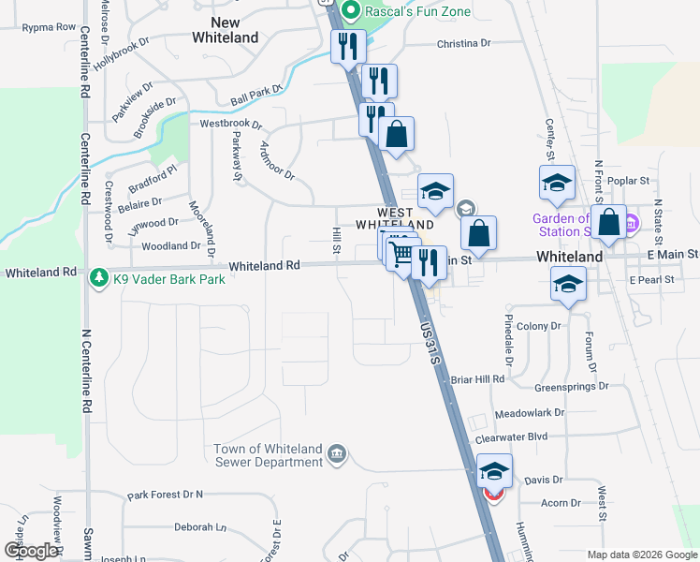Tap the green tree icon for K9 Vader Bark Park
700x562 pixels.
click(x=98, y=278)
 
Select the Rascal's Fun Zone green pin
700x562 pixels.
click(x=351, y=11)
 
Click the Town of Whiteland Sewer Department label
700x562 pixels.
click(x=268, y=456)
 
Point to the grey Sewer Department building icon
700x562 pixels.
click(x=338, y=456)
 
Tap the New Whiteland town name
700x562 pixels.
click(x=225, y=30)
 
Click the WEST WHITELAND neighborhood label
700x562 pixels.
click(x=393, y=219)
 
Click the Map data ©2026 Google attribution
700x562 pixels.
click(x=641, y=555)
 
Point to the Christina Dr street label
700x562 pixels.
click(x=463, y=44)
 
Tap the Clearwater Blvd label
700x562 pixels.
click(x=510, y=437)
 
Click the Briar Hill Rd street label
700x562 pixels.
click(x=477, y=379)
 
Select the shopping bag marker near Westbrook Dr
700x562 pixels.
click(x=397, y=135)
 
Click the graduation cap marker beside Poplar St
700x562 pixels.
click(x=557, y=183)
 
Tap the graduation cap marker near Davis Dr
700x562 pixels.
click(x=494, y=471)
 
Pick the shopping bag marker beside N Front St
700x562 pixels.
click(x=608, y=223)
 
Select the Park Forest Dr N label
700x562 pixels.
click(x=166, y=495)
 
